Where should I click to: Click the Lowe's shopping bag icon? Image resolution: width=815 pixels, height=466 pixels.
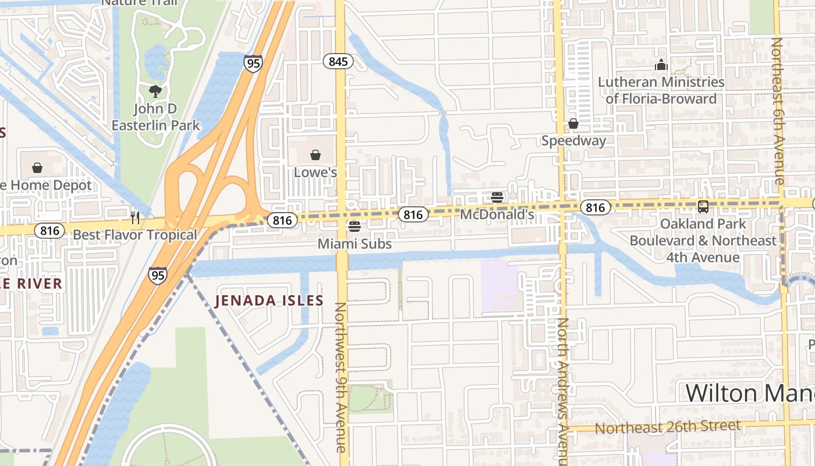point(315,155)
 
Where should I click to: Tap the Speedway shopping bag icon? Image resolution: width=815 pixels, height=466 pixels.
point(573,123)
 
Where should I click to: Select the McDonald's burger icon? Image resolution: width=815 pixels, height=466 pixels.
point(497,197)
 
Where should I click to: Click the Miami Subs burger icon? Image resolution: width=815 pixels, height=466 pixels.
point(354,226)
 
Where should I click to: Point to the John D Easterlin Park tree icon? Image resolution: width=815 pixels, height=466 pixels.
point(155,91)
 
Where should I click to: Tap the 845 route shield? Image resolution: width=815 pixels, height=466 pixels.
point(338,61)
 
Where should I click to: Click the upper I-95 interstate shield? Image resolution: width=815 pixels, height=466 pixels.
point(253,63)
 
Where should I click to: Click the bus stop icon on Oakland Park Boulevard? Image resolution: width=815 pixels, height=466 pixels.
point(703,206)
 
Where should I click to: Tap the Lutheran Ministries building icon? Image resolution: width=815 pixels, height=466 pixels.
point(661,65)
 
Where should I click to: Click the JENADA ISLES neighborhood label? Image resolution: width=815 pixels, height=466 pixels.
point(268,301)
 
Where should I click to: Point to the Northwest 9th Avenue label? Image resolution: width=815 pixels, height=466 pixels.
point(341,377)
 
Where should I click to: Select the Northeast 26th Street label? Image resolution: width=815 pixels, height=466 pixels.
point(668,427)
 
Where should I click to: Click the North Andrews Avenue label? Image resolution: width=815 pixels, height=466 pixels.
point(562,390)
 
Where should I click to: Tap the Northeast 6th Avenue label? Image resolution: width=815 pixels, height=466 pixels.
point(777,111)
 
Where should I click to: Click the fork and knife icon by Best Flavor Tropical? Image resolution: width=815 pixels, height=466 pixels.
point(135,218)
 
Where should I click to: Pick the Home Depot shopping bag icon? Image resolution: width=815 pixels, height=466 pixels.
point(37,168)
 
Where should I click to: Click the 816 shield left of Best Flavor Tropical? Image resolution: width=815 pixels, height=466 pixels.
point(49,231)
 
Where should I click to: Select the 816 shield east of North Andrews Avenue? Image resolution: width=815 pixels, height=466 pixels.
point(595,207)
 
